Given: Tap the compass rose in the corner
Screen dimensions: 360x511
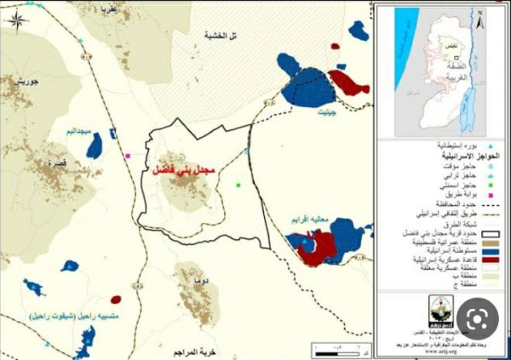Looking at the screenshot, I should pyautogui.click(x=16, y=17).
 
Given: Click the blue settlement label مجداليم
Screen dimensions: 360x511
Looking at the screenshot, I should pyautogui.click(x=84, y=132).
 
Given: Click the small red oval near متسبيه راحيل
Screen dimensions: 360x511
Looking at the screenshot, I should pyautogui.click(x=115, y=299).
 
